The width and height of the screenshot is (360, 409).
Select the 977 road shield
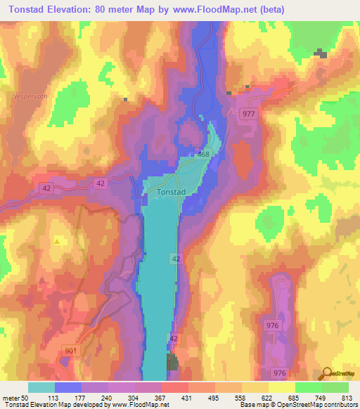(250, 114)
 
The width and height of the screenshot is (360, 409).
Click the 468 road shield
(204, 155)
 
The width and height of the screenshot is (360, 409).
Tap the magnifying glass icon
(326, 374)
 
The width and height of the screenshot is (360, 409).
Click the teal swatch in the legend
(41, 387)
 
